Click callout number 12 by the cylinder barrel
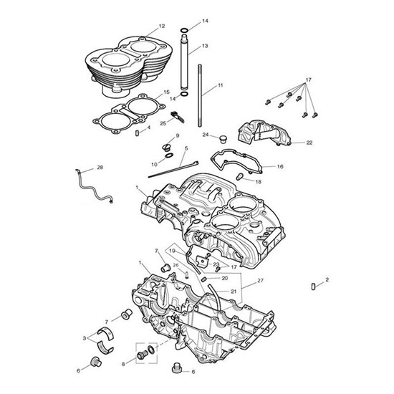click(x=162, y=26)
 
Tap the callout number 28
click(x=100, y=168)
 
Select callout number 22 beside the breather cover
click(x=309, y=143)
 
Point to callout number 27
click(x=260, y=280)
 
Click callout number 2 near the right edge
click(x=327, y=279)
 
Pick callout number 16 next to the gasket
click(x=280, y=166)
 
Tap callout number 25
click(x=163, y=123)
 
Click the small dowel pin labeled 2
click(x=313, y=287)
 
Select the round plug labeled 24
click(x=222, y=139)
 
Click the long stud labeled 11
click(x=200, y=96)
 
